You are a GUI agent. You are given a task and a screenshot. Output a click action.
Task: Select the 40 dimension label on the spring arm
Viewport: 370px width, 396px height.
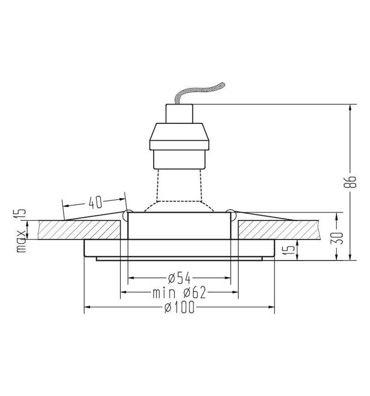coord(95,202)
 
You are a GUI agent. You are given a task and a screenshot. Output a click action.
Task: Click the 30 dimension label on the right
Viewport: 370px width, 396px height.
coord(340,238)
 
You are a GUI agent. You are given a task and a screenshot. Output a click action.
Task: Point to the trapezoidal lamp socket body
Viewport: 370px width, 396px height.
coord(179,136)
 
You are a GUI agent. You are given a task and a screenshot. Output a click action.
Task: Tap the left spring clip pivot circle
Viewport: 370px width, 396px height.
coord(127,215)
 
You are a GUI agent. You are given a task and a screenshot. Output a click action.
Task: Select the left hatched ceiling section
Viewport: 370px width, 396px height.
coord(79,230)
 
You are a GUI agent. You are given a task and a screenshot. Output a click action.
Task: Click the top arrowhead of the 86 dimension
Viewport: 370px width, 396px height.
coord(350,108)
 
